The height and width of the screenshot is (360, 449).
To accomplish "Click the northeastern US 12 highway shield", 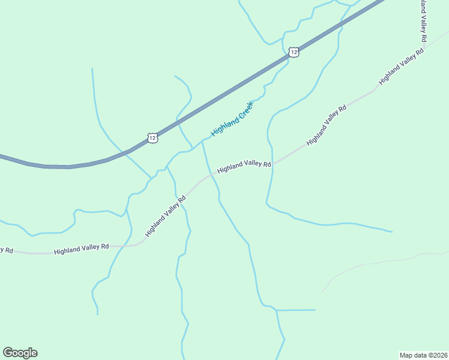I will pyautogui.click(x=293, y=52).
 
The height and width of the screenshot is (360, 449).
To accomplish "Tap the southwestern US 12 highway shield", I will pyautogui.click(x=152, y=138).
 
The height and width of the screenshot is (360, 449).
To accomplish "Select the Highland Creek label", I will pyautogui.click(x=232, y=119).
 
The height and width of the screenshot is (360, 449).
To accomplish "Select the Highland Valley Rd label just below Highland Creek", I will pyautogui.click(x=244, y=166).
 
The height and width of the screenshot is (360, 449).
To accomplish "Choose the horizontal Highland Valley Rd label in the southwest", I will pyautogui.click(x=81, y=248).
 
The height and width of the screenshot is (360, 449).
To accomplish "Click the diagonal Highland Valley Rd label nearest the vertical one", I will pyautogui.click(x=401, y=67).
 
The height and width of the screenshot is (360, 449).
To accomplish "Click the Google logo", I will pyautogui.click(x=20, y=353).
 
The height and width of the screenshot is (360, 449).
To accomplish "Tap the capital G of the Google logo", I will pyautogui.click(x=8, y=352).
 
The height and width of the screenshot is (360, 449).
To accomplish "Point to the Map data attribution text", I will pyautogui.click(x=424, y=355).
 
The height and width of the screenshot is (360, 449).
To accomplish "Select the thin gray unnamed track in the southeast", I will pyautogui.click(x=384, y=260).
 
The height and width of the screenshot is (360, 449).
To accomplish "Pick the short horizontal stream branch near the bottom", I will pyautogui.click(x=295, y=310).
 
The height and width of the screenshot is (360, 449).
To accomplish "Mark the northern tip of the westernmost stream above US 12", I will pyautogui.click(x=92, y=69).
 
